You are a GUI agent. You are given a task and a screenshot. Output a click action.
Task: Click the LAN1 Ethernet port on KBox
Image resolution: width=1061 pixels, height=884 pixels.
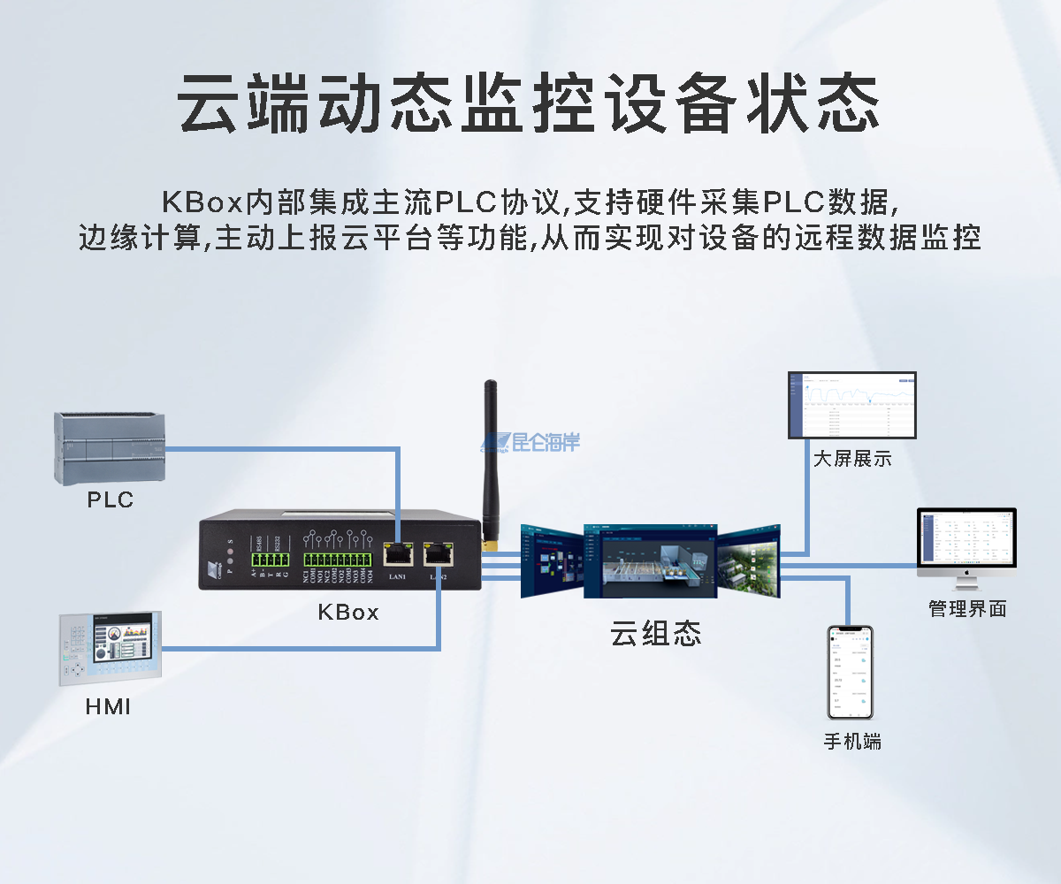397,554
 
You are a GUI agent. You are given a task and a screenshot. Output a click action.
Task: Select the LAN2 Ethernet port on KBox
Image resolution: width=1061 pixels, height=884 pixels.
438,554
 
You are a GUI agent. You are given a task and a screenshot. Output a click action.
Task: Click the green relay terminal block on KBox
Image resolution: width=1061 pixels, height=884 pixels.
338,560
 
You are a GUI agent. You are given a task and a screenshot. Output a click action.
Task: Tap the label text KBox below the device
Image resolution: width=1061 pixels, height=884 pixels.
347,612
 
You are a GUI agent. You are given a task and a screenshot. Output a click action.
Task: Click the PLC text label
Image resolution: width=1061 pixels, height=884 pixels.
110,500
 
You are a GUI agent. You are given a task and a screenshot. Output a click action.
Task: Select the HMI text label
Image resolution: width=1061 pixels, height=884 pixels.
108,707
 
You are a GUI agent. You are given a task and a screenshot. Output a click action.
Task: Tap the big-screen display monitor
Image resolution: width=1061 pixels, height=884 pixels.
851,405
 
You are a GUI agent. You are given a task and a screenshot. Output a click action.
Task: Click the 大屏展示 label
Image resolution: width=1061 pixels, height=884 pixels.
851,459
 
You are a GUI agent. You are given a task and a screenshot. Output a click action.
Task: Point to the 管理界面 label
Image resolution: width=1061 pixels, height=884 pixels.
967,608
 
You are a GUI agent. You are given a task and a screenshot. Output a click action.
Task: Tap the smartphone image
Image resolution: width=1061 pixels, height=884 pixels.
849,672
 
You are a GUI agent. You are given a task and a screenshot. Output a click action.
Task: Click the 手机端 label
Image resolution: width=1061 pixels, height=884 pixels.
851,741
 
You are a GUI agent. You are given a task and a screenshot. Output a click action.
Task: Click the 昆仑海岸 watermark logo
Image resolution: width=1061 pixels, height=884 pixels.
530,442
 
